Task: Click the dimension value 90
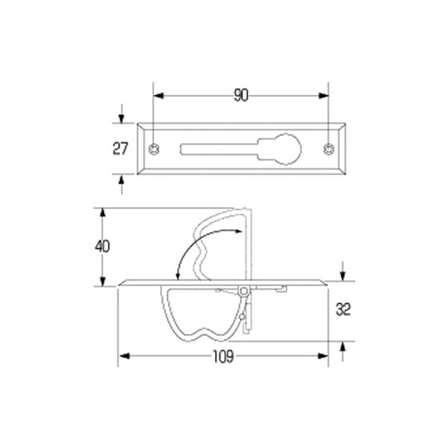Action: pos(240,96)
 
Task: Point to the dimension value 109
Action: pos(223,357)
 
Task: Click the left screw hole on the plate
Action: pos(153,149)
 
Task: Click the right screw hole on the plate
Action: pos(329,149)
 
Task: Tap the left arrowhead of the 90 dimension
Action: pos(157,96)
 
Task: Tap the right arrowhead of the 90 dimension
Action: pos(325,96)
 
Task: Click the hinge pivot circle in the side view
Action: pos(243,290)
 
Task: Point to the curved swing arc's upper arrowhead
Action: pos(240,233)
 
